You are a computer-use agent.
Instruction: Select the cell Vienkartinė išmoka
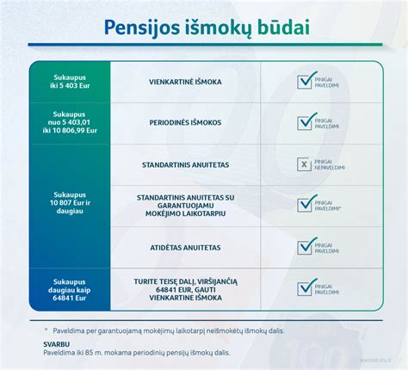[185, 82]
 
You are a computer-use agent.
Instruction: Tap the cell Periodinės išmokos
[185, 122]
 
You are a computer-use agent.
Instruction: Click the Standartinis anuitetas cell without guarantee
[185, 163]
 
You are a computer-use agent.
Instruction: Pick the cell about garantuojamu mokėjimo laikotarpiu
[185, 204]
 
